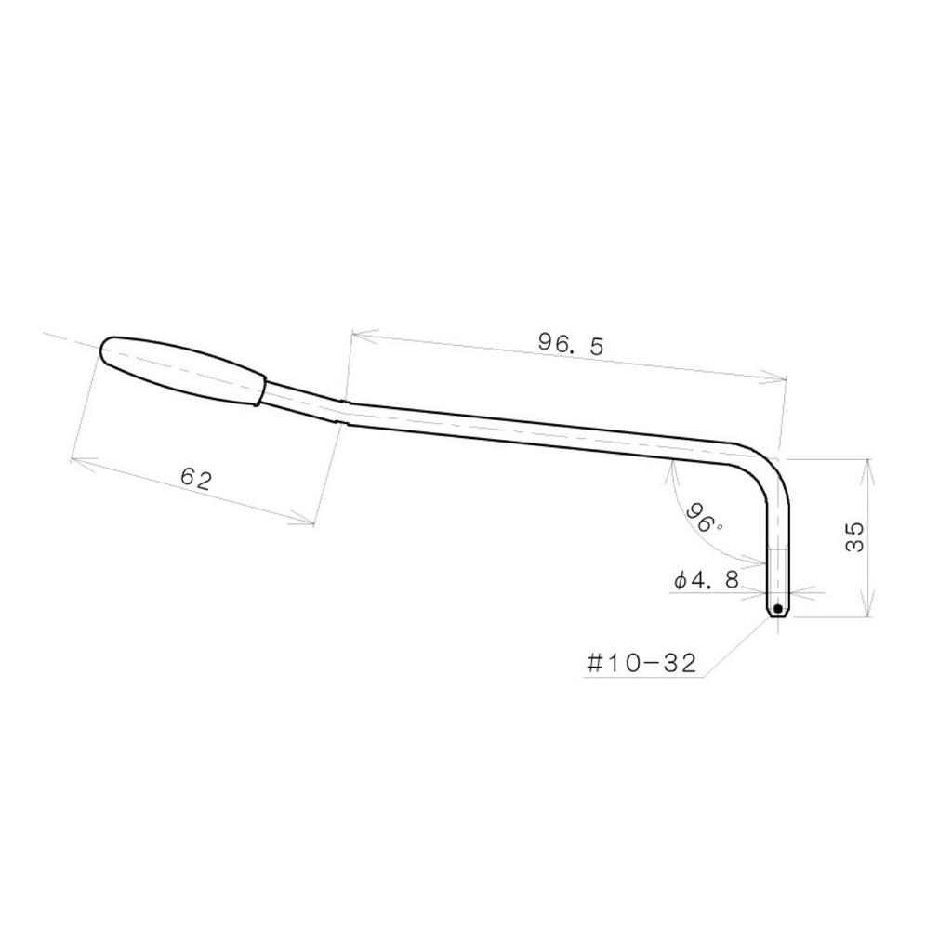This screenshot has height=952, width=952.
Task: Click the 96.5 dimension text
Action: [x=571, y=344]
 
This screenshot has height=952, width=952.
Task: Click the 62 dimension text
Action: [x=196, y=480]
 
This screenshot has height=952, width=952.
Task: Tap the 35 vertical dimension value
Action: [x=854, y=536]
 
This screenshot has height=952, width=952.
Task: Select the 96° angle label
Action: [x=704, y=518]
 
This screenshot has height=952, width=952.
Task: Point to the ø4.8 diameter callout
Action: [x=707, y=581]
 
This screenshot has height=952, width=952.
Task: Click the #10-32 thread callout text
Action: [x=641, y=663]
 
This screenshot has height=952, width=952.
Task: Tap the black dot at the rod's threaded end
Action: [x=777, y=609]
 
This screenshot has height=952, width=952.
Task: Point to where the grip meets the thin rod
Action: [x=261, y=390]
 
